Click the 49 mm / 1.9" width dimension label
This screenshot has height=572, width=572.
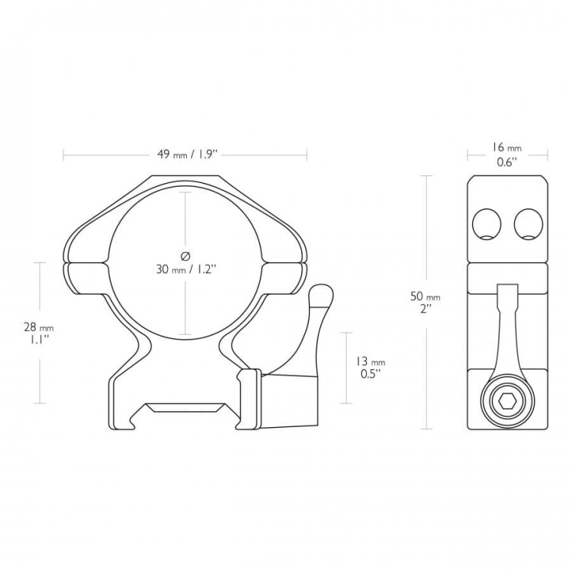[x=187, y=155]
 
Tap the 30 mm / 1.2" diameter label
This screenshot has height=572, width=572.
[x=186, y=269]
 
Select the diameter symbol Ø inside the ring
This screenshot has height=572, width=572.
[x=185, y=256]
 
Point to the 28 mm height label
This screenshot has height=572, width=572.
[x=39, y=327]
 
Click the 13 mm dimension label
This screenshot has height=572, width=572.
[x=370, y=362]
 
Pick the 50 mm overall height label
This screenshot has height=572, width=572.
[x=426, y=297]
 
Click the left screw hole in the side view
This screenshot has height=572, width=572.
[x=487, y=223]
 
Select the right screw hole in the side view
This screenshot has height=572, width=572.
[x=529, y=223]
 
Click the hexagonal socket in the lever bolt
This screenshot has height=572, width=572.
[x=507, y=403]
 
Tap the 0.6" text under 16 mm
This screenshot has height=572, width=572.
[x=507, y=162]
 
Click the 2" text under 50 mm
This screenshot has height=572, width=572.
[x=426, y=310]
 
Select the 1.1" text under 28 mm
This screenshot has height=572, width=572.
[x=40, y=340]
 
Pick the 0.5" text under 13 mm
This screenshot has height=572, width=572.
[x=371, y=374]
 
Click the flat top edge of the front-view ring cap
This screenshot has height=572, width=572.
[x=185, y=176]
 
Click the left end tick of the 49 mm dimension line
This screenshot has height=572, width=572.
[x=63, y=155]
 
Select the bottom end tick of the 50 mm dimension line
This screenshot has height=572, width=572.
[x=426, y=429]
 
